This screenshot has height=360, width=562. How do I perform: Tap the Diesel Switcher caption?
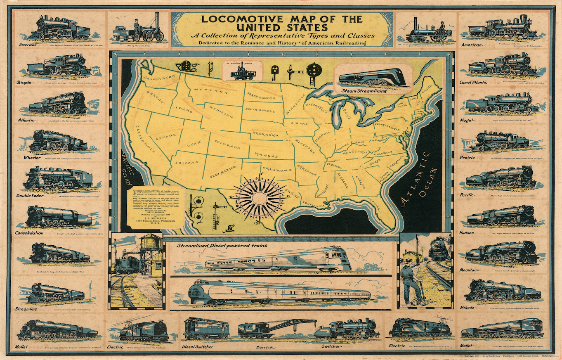click(x=198, y=347)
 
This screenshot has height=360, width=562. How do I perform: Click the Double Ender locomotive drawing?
click(x=58, y=179)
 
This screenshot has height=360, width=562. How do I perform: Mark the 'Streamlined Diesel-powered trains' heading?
click(x=222, y=246)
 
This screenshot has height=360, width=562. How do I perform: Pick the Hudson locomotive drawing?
click(x=502, y=216)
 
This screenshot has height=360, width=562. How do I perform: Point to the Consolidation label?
click(x=29, y=233)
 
